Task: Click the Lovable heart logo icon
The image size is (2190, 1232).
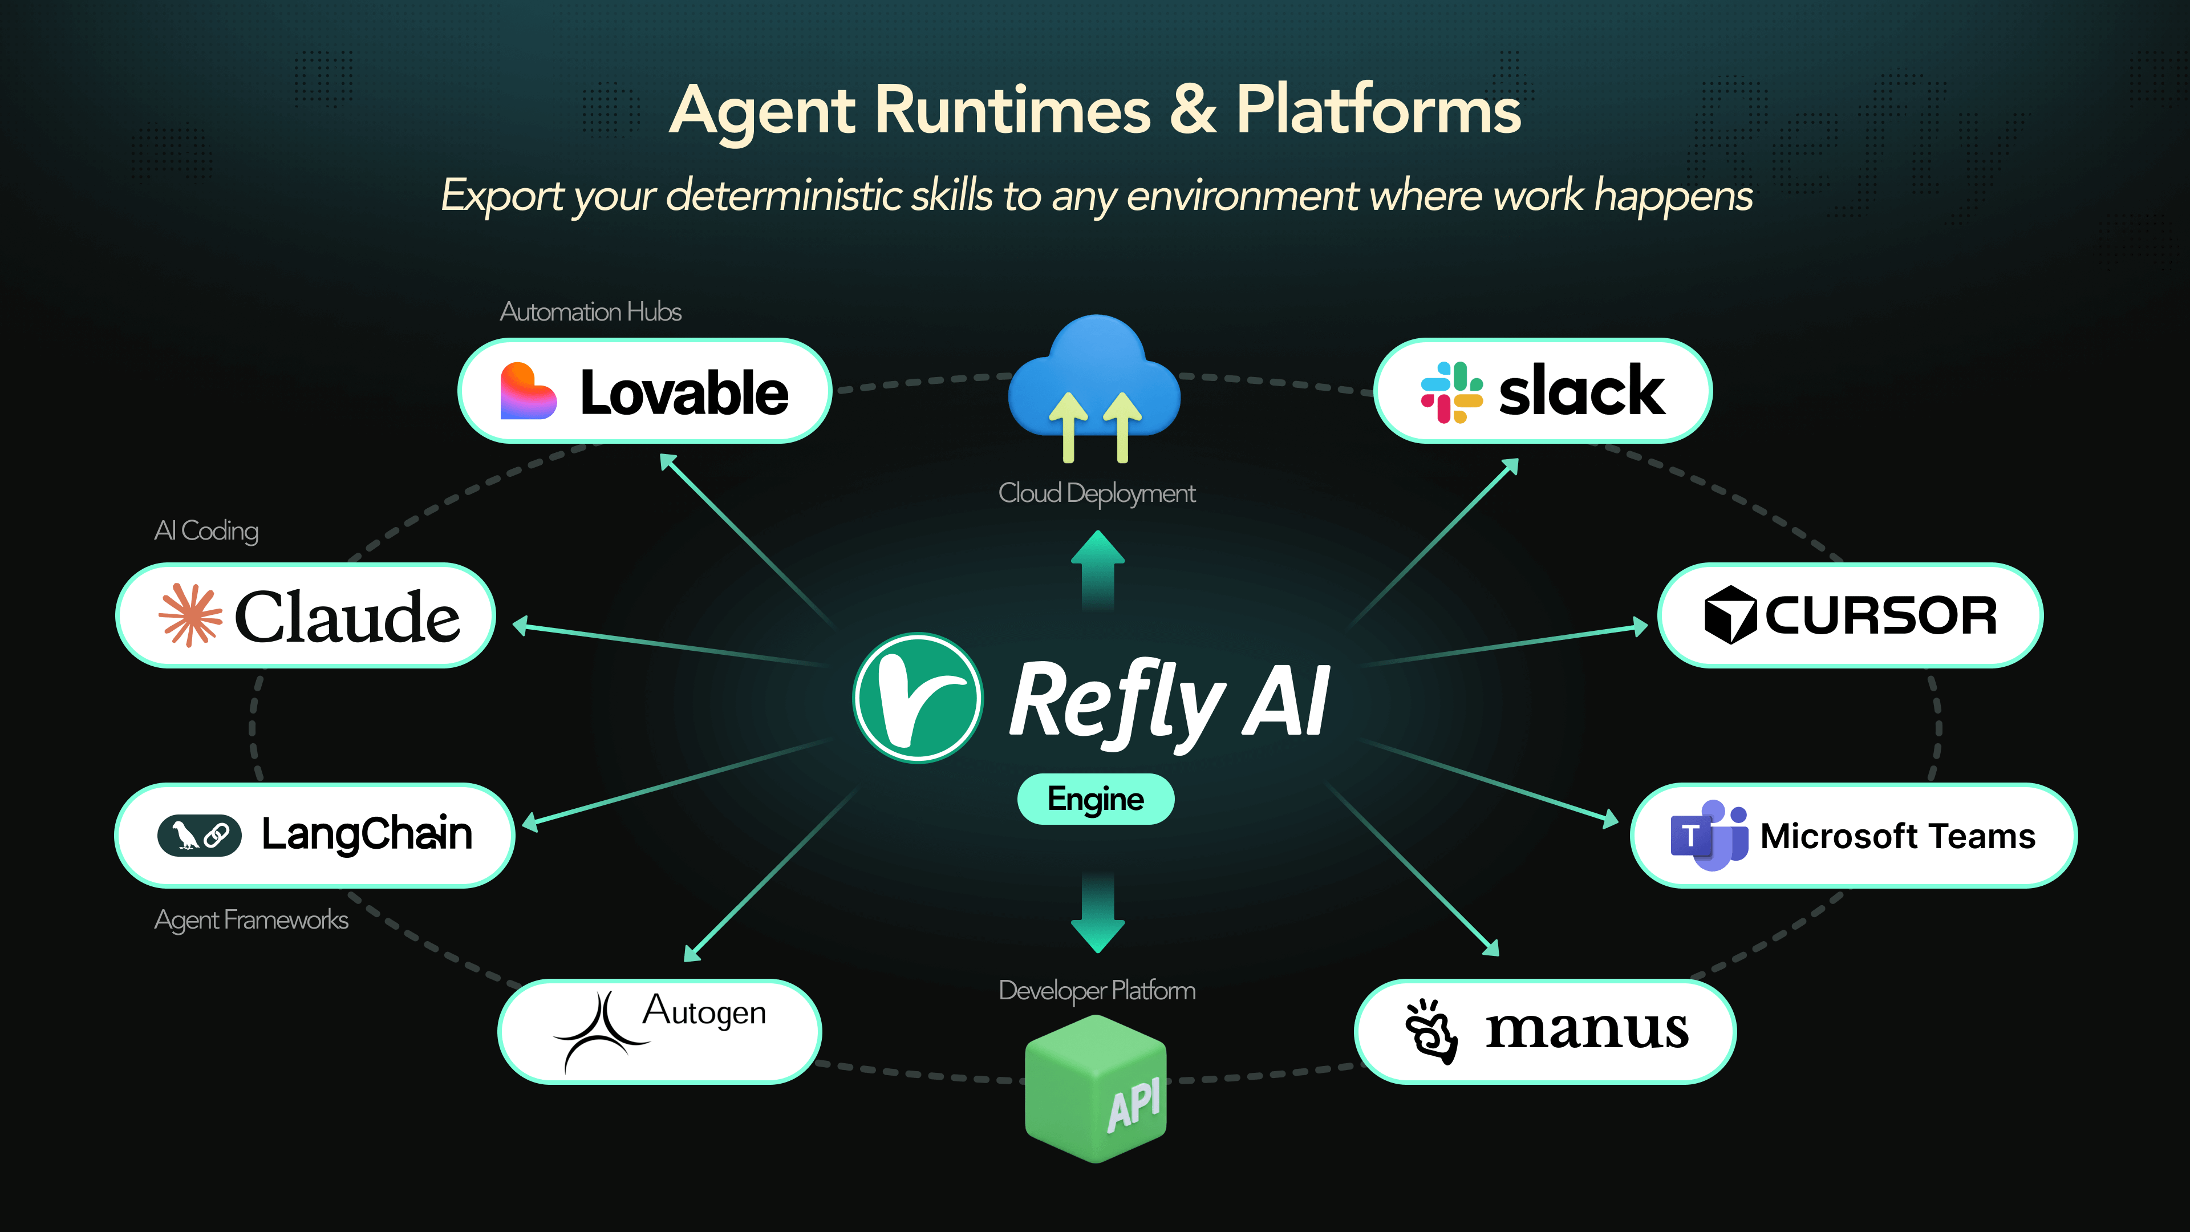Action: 528,391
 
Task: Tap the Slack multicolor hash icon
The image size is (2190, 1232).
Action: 1451,392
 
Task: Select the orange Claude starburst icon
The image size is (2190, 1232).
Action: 190,615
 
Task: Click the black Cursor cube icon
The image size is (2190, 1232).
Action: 1729,615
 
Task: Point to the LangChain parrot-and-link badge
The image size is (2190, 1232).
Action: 199,835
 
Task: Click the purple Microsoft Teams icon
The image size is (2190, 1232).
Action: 1709,835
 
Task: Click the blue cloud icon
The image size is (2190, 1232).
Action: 1095,383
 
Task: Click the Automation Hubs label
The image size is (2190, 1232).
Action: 590,312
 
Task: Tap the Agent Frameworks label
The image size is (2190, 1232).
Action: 251,920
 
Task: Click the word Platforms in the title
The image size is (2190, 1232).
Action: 1377,111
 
